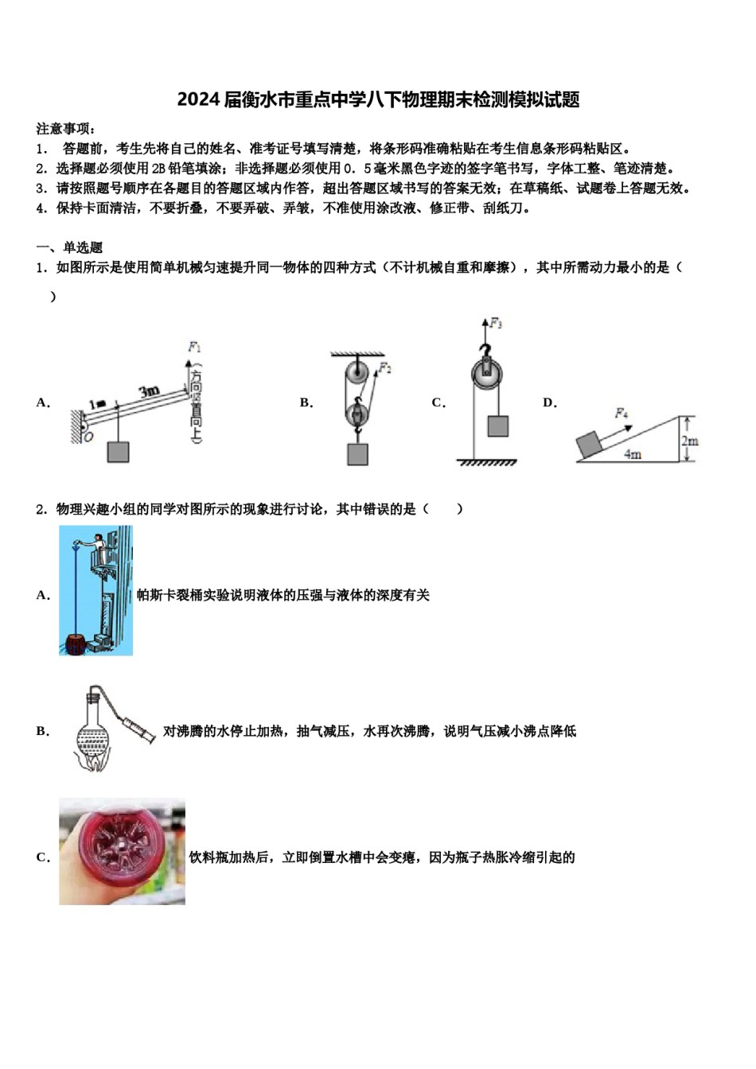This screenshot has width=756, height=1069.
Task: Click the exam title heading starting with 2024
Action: [x=378, y=99]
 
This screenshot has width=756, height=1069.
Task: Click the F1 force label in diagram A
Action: [x=194, y=347]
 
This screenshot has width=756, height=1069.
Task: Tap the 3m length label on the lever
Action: [x=149, y=391]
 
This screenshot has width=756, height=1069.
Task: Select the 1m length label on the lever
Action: [x=97, y=404]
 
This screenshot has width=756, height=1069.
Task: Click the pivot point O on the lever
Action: [x=88, y=437]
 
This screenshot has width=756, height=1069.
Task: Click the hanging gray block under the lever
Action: [x=118, y=452]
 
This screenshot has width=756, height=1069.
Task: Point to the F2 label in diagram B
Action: [x=385, y=368]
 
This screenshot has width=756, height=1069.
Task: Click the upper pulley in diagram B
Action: [x=357, y=372]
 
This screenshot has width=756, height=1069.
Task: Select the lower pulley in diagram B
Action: [x=357, y=413]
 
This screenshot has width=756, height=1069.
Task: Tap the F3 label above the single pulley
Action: [x=496, y=323]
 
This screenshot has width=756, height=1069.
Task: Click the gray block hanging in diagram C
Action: [x=497, y=426]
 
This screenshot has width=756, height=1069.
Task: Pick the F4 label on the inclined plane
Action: [x=622, y=413]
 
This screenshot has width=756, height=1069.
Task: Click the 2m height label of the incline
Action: [x=689, y=441]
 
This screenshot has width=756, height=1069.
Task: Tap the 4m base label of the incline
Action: [x=632, y=455]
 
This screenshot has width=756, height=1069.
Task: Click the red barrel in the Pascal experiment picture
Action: [x=75, y=643]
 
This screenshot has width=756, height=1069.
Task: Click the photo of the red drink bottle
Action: [x=122, y=852]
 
